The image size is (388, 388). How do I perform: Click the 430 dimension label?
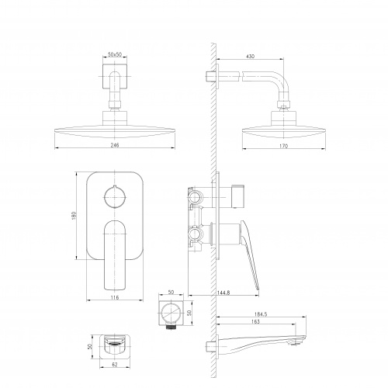click(250, 56)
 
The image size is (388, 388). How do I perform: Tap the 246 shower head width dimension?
click(115, 145)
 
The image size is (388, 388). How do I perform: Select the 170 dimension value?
click(283, 146)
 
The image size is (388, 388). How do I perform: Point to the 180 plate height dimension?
click(74, 216)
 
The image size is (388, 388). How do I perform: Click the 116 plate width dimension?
click(115, 297)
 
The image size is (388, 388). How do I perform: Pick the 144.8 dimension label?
click(223, 293)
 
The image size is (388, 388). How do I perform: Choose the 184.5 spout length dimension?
click(261, 314)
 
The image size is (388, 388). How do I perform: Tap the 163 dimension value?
click(255, 321)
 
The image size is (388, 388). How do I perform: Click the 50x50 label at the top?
click(115, 54)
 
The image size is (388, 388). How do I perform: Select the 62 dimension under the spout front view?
click(115, 365)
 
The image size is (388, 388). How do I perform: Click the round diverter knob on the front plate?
click(115, 197)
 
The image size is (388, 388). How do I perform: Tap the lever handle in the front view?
click(115, 255)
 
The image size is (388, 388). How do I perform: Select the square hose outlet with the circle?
click(171, 313)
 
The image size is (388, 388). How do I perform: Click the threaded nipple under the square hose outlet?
click(171, 327)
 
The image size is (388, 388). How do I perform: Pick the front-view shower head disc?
click(115, 132)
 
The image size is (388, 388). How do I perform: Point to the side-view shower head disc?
click(284, 132)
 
